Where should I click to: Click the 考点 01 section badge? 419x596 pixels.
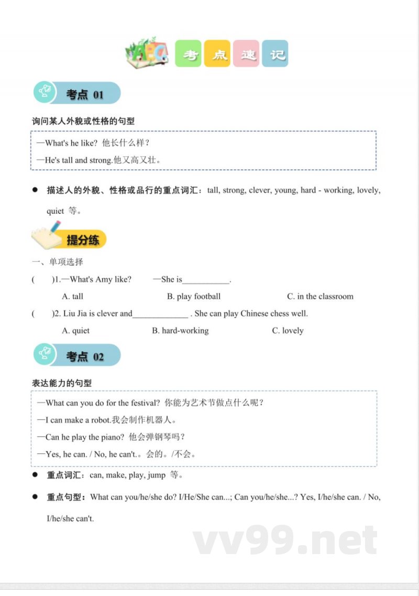click(x=77, y=93)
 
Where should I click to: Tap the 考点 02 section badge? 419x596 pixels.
click(x=77, y=356)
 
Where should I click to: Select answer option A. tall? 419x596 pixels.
click(x=73, y=297)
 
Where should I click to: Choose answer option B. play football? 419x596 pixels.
click(x=194, y=297)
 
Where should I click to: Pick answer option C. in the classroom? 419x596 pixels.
click(x=320, y=297)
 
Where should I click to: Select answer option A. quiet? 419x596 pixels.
click(x=76, y=331)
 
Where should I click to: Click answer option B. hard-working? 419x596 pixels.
click(x=180, y=331)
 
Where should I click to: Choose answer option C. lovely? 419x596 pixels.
click(x=288, y=331)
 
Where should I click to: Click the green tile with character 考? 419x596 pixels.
click(x=188, y=54)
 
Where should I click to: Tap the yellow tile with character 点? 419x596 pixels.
click(x=217, y=54)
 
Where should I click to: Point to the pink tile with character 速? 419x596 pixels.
click(x=246, y=54)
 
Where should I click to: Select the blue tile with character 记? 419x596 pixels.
click(x=275, y=54)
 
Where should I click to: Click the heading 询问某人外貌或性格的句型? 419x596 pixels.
click(x=83, y=121)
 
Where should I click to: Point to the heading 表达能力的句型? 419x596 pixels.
click(x=62, y=383)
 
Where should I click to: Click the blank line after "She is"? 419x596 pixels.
click(x=206, y=280)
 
